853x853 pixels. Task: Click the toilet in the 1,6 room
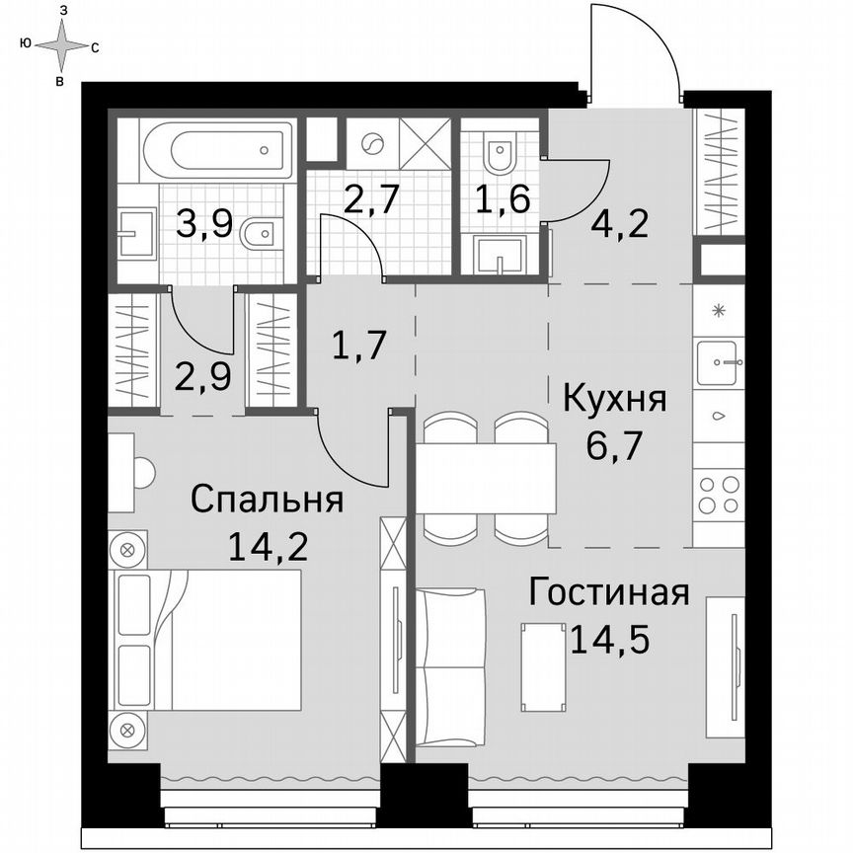tap(502, 153)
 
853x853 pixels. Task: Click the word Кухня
tap(614, 400)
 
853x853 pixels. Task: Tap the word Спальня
tap(267, 500)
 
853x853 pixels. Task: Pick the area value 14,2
tap(267, 545)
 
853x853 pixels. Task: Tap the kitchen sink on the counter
tap(718, 362)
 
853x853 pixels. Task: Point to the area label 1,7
tap(356, 347)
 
